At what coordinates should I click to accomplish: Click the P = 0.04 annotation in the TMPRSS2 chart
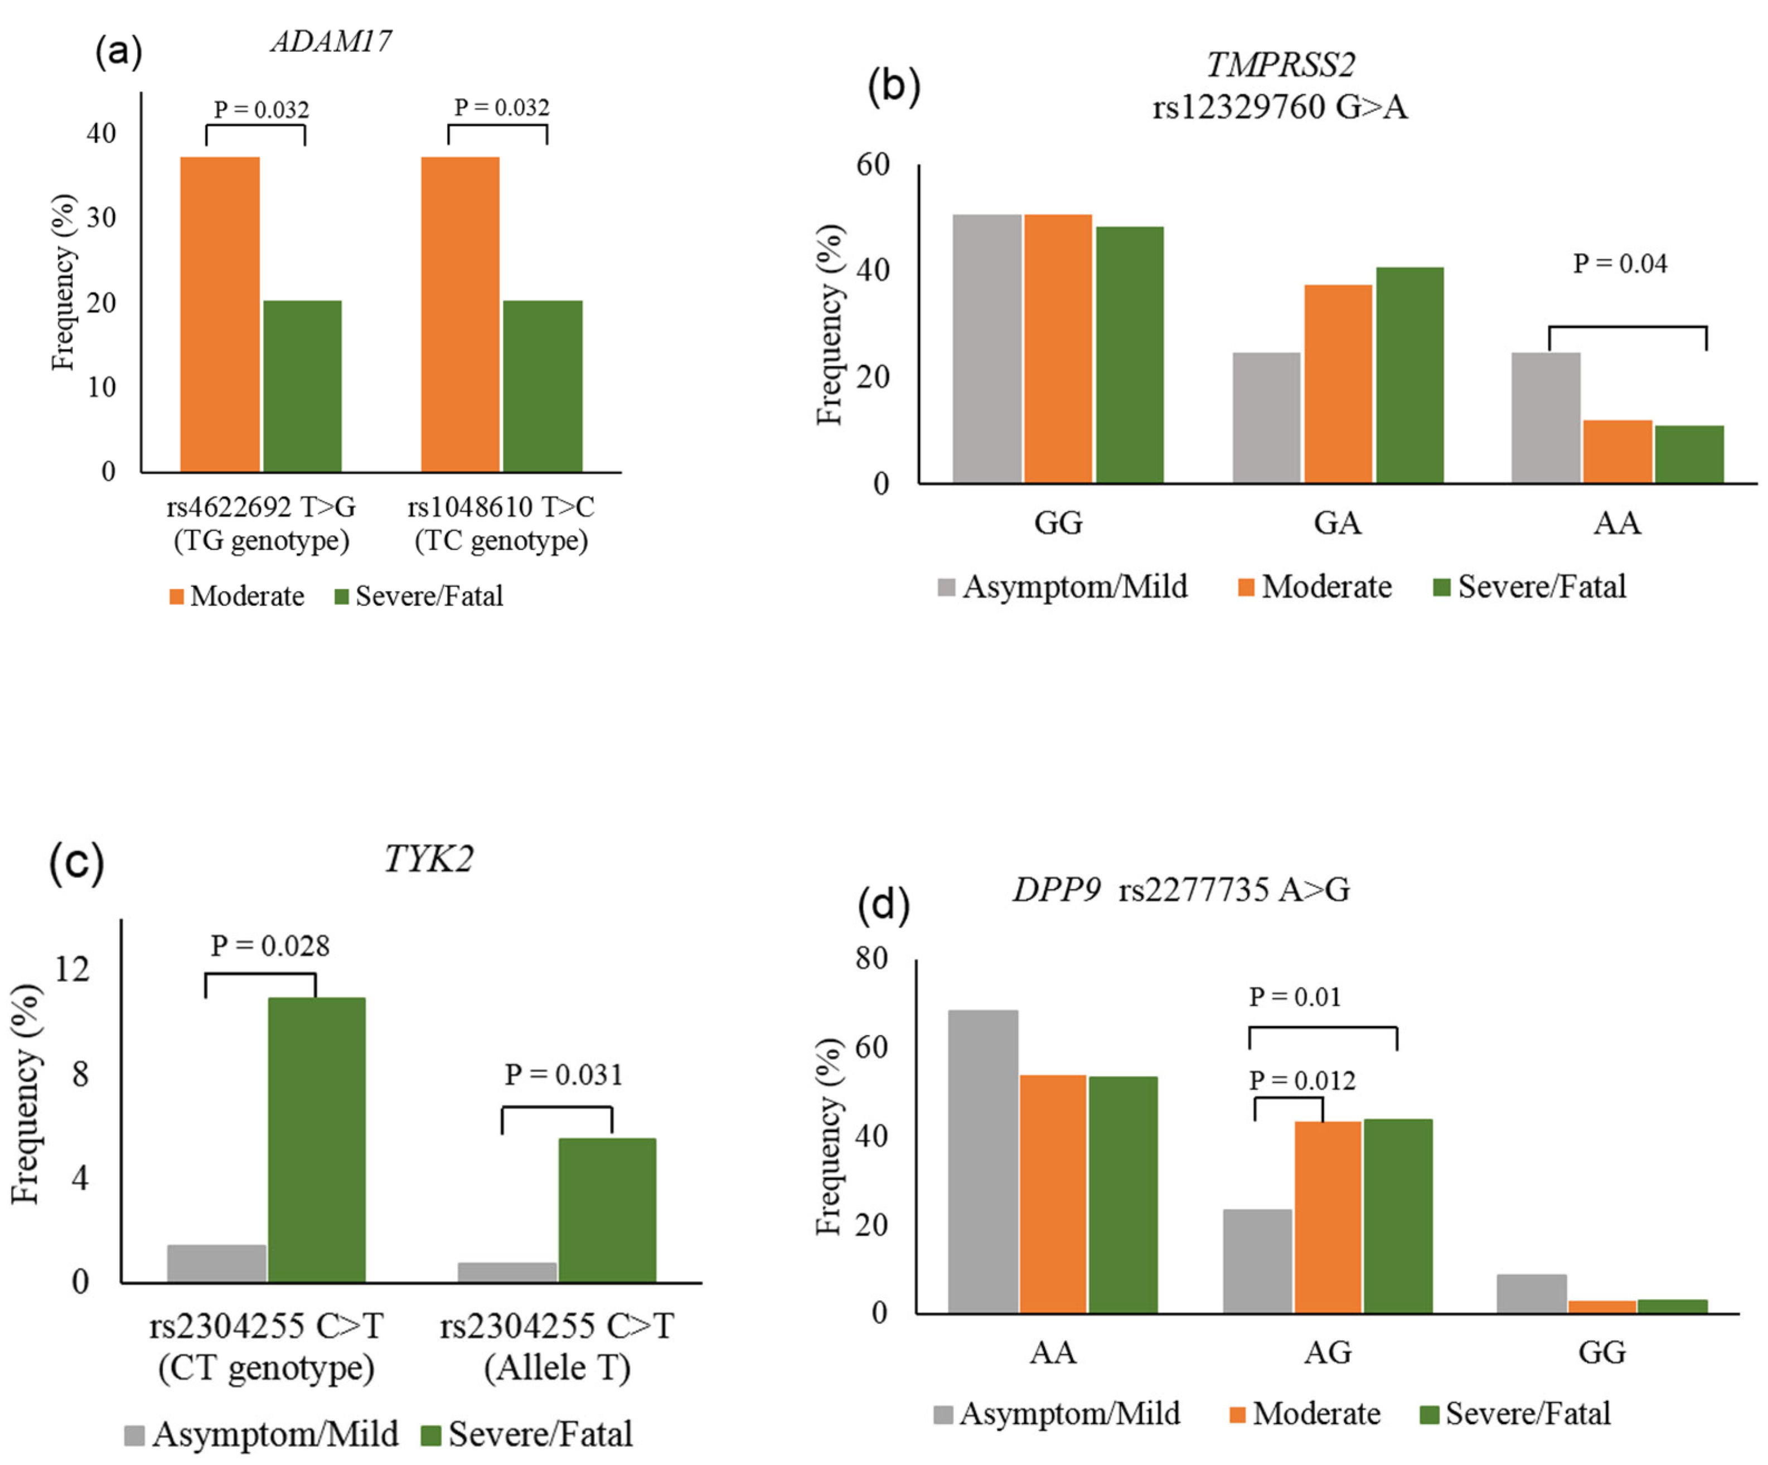coord(1619,264)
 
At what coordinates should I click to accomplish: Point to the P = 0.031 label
coord(563,1074)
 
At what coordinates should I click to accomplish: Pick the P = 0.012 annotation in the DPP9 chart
coord(1301,1080)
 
